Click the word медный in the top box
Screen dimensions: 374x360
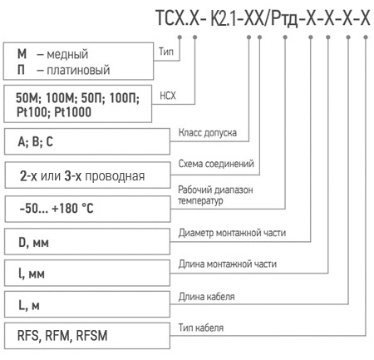67,54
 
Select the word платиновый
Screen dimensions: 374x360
78,70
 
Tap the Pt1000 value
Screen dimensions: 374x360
72,112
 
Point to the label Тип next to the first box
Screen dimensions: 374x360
166,52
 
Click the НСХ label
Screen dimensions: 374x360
168,96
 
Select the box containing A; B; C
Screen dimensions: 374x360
87,141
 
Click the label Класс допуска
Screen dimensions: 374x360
208,133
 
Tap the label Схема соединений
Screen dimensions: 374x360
216,164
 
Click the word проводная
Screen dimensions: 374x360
115,176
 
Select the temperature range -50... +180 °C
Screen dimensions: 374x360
57,208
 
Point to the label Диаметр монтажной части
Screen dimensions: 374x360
232,233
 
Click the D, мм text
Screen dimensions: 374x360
33,243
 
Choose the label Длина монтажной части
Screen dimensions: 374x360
228,264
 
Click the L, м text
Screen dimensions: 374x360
29,305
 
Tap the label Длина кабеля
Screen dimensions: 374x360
206,297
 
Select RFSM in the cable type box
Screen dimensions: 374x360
91,335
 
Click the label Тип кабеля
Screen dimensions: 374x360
201,328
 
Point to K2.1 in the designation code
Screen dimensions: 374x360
224,19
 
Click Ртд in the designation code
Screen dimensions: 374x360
284,19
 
